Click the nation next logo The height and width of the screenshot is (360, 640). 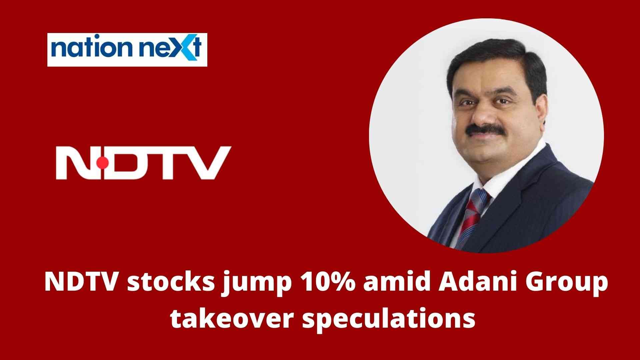(x=127, y=50)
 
